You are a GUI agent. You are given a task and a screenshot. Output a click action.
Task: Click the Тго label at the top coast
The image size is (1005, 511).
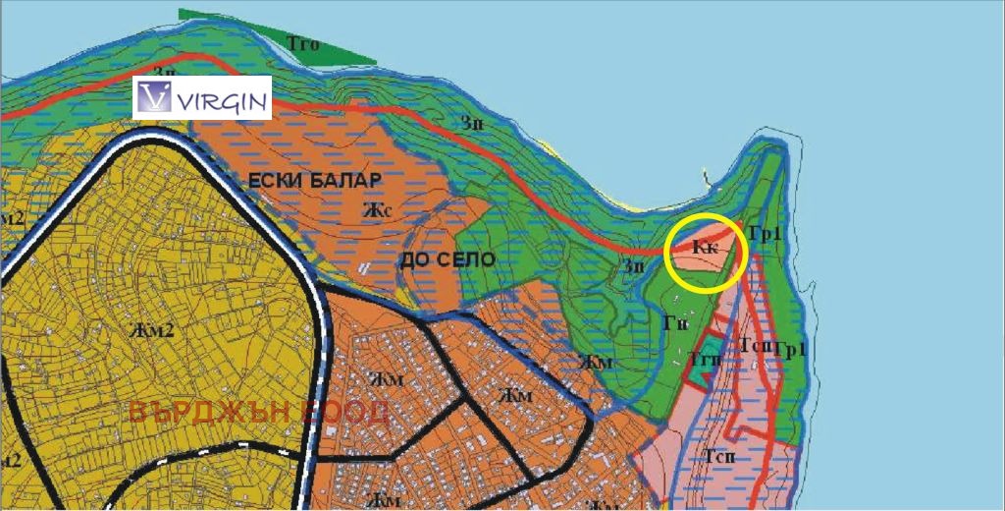click(x=302, y=42)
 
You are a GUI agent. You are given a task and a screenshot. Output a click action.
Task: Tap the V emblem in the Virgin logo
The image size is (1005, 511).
click(x=155, y=97)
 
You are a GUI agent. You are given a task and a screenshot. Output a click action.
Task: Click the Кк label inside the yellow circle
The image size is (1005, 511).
click(x=706, y=248)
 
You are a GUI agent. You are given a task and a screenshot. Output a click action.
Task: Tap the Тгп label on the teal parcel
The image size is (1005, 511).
click(x=706, y=359)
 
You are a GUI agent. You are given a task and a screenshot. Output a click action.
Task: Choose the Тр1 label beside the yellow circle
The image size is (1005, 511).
click(x=764, y=233)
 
